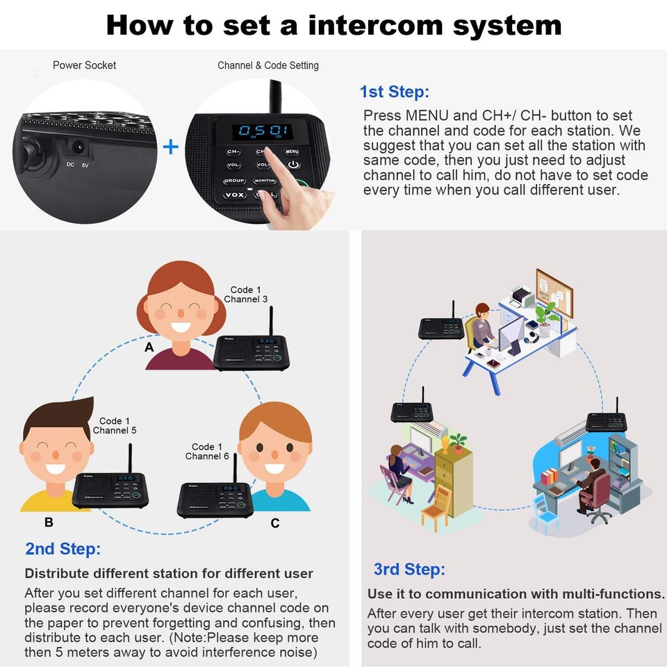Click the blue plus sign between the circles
(170, 147)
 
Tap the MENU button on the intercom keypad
(292, 151)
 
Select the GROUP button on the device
(234, 181)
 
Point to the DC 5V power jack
(76, 148)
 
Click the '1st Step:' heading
(394, 92)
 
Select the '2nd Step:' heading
(63, 548)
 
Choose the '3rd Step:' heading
(409, 569)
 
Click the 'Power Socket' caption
(84, 65)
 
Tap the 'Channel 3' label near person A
(245, 299)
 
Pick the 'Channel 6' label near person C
(206, 456)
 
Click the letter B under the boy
(49, 522)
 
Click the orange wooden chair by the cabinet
(437, 511)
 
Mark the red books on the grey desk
(550, 477)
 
